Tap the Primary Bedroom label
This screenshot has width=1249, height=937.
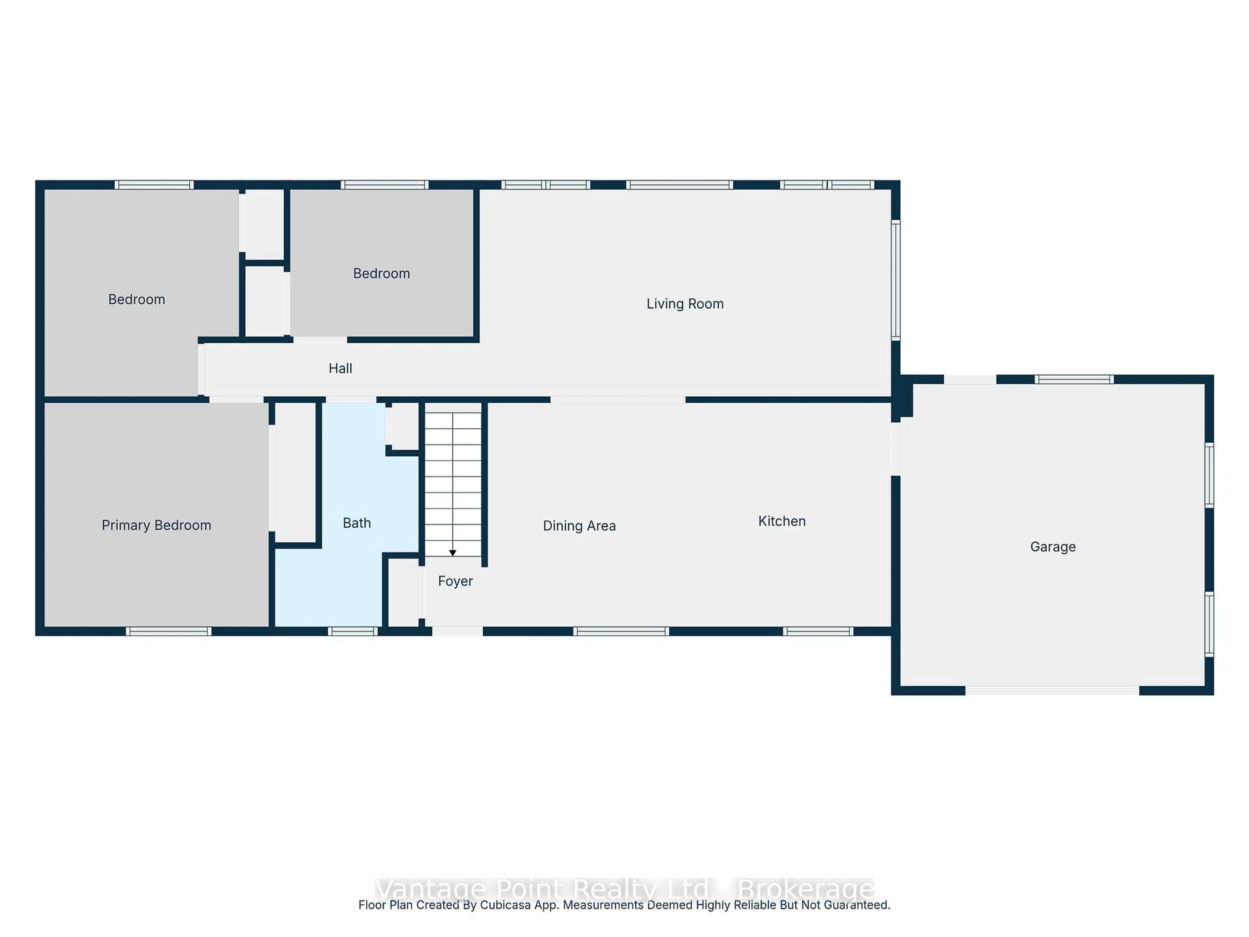point(156,525)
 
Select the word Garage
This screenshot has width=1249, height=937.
point(1053,547)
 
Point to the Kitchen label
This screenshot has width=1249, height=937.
point(782,521)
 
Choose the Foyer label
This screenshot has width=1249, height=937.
point(455,581)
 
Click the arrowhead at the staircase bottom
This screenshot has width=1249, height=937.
point(452,553)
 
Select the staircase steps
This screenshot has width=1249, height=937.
point(452,480)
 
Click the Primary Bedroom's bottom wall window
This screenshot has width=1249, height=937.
point(168,631)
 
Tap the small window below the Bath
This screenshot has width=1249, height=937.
point(352,631)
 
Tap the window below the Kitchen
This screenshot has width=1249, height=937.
point(818,631)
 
